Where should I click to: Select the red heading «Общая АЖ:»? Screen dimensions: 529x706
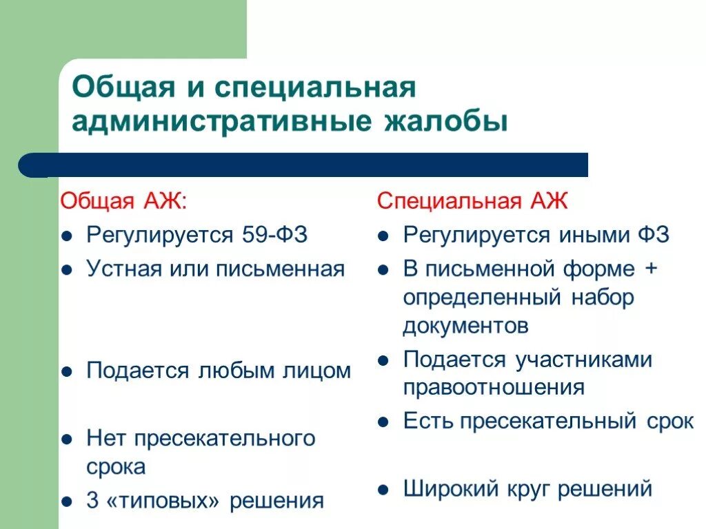(x=123, y=201)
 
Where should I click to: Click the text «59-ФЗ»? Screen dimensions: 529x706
(x=274, y=235)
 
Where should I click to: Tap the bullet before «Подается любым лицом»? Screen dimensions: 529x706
(x=66, y=372)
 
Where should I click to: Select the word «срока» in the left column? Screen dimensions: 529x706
(x=117, y=467)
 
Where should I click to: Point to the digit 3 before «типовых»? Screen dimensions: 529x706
(x=92, y=501)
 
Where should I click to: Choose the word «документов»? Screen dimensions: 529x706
(x=465, y=326)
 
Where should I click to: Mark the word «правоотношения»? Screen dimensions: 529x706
(x=494, y=387)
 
